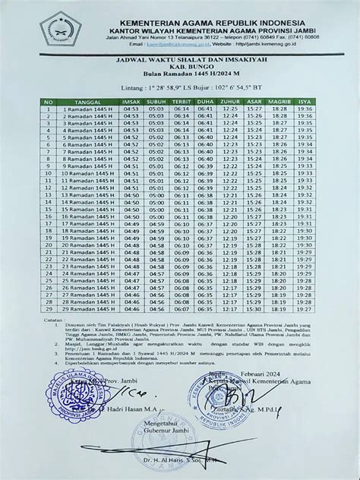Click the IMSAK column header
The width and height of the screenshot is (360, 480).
(x=131, y=102)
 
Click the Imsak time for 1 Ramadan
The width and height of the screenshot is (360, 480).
(x=131, y=109)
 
